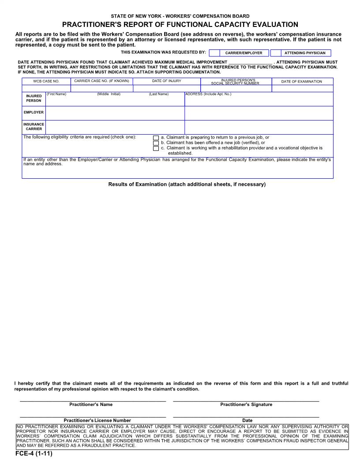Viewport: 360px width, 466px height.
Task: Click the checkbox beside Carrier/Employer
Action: click(214, 53)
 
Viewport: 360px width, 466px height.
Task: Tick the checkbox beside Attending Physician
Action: click(275, 53)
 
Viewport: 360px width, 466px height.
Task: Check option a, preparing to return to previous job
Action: click(156, 138)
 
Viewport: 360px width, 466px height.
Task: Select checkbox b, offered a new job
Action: click(156, 143)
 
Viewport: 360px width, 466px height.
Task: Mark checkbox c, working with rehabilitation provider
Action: click(156, 148)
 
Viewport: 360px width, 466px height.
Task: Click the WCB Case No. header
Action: click(46, 81)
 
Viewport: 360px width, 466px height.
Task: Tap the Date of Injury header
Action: click(167, 81)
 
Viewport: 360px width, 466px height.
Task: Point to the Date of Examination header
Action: click(302, 81)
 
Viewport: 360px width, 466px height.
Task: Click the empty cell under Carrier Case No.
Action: click(101, 88)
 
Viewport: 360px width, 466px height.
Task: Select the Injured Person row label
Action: click(34, 98)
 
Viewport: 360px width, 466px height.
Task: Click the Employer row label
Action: click(34, 113)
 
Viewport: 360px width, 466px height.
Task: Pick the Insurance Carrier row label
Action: click(34, 127)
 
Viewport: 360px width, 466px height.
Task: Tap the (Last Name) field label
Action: click(159, 94)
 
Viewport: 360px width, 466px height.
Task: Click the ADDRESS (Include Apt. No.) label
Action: click(208, 94)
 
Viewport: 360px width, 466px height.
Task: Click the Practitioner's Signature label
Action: click(246, 405)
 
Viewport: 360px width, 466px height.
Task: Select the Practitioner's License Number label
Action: click(97, 421)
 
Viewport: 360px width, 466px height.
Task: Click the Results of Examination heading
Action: click(187, 184)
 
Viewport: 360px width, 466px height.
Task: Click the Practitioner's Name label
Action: click(91, 405)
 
